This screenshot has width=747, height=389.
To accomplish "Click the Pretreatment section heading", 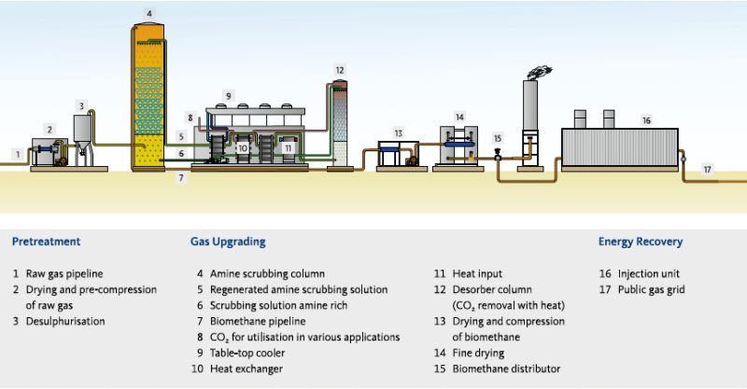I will pos(46,242).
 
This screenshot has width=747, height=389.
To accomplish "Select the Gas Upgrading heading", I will pos(228,242).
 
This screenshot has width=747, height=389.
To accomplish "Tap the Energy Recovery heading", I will pos(640,242).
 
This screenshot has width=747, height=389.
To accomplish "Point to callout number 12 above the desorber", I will pos(340,70).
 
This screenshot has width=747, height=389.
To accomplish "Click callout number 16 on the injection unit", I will pos(646,120).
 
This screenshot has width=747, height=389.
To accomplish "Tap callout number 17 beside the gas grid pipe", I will pos(707,170).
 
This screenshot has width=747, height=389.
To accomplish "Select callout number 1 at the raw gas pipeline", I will pos(16,152).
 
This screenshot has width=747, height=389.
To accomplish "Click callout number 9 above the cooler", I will pos(228,94).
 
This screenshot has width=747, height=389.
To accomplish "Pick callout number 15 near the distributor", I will pos(497,138).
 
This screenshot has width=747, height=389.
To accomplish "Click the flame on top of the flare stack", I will pos(538,71).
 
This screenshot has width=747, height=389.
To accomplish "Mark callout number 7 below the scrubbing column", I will pos(182,176).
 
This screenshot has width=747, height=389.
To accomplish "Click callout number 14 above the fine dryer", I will pos(459,118).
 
